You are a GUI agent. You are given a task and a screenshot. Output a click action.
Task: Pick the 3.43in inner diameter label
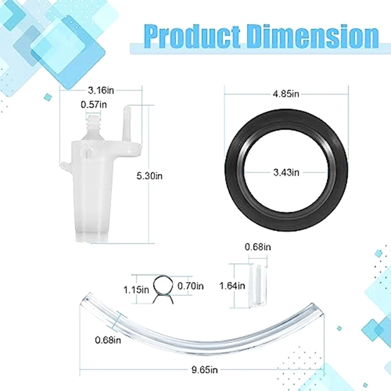click(x=286, y=172)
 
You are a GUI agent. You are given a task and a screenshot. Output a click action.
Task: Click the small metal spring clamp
click(x=164, y=287)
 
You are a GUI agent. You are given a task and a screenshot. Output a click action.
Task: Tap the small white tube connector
click(x=257, y=285)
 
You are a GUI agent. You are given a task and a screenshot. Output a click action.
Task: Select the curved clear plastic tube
click(x=195, y=327)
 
